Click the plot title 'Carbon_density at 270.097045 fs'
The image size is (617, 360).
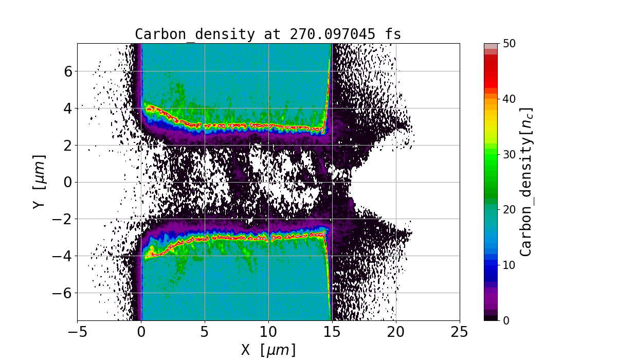tap(268, 34)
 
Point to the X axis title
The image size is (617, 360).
tap(268, 350)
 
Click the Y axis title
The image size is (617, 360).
tap(39, 182)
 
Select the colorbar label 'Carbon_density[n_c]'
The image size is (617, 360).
tap(525, 182)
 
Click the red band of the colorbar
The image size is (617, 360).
tap(491, 72)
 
